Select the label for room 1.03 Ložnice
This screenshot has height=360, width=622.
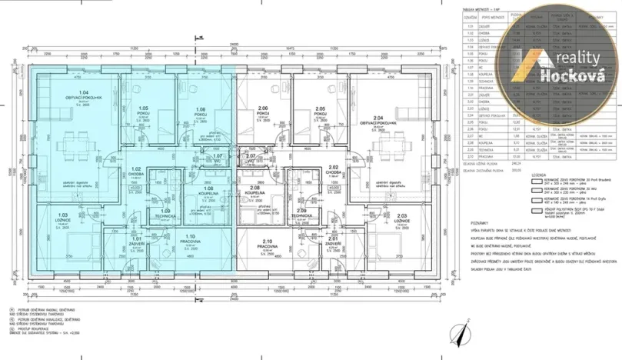point(64,217)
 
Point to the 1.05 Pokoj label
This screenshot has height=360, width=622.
point(143,111)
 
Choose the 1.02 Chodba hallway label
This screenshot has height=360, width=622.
point(136,172)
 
